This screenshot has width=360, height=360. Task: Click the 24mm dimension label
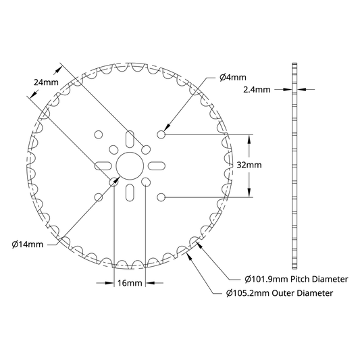click(x=46, y=82)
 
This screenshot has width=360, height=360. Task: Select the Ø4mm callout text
click(x=233, y=78)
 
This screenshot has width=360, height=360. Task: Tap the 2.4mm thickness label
click(x=257, y=90)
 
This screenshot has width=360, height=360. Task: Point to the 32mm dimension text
click(x=249, y=165)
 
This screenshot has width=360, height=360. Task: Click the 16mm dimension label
click(x=130, y=283)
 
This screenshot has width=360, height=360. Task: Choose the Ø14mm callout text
click(x=28, y=245)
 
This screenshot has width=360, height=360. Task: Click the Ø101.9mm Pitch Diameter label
click(x=297, y=280)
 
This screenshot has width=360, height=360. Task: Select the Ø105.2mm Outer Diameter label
click(x=280, y=293)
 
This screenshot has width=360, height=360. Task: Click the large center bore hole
click(x=130, y=165)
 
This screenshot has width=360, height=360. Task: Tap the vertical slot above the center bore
click(x=130, y=139)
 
